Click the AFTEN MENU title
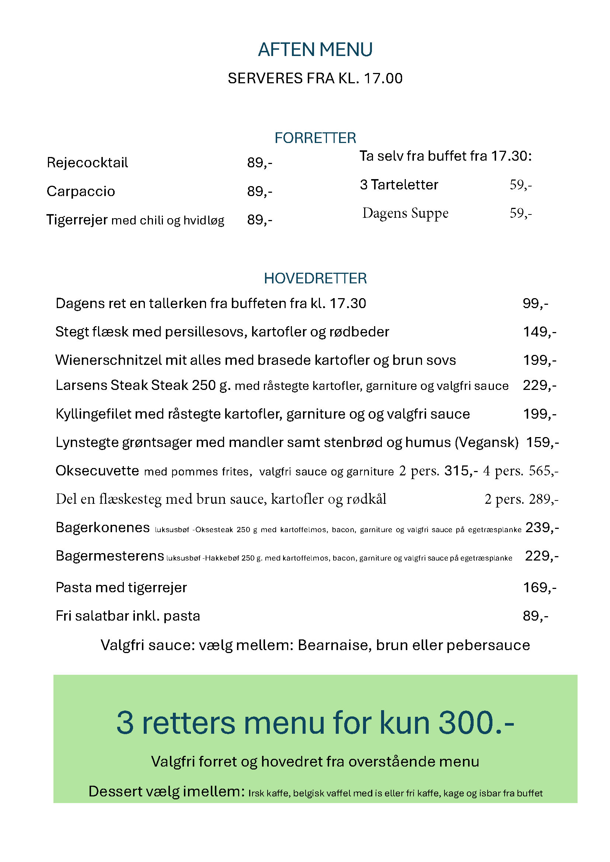coord(315,50)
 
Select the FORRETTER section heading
coord(315,138)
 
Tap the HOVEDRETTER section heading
coord(315,278)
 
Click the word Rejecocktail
coord(87,163)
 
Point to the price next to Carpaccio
coord(259,191)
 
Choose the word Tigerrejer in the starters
coord(77,220)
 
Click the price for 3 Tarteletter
coord(520,185)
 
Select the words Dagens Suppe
coord(405,213)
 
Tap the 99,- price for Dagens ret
coord(535,303)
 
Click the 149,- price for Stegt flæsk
coord(540,332)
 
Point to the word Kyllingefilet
coord(93,414)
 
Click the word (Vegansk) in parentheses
coord(487,443)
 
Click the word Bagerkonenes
coord(102,528)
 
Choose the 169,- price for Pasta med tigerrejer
coord(540,587)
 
